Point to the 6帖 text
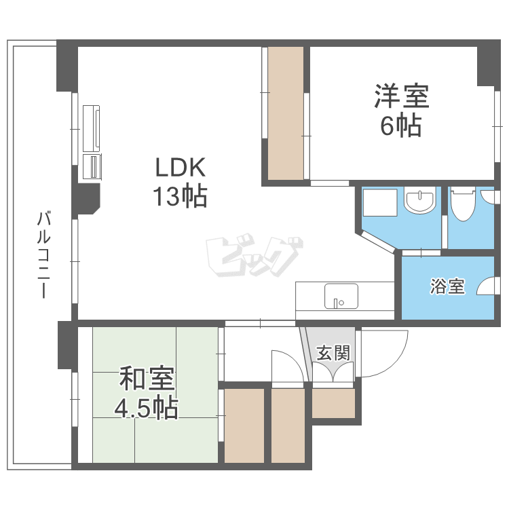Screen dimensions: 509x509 coord(400,126)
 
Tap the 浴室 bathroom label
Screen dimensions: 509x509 coord(447,286)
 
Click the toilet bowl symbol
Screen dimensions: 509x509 coord(463,205)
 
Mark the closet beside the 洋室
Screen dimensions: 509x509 coord(285,113)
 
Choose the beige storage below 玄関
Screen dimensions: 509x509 coord(333,404)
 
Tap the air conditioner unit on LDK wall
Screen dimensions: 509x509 coord(92,128)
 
